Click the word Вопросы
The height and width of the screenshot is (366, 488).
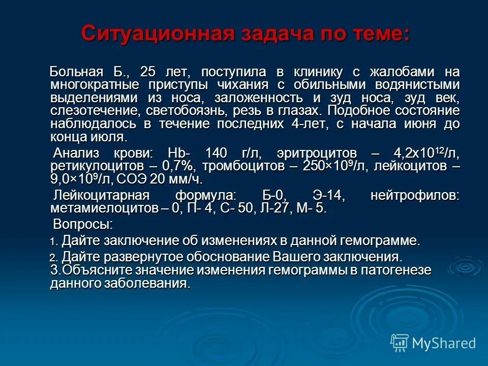tap(83, 224)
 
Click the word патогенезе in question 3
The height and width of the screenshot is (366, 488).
tap(395, 270)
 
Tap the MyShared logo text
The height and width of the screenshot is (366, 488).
tap(443, 343)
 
